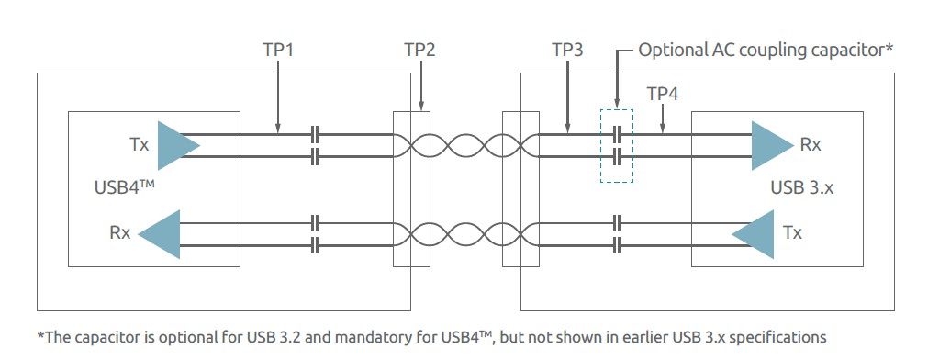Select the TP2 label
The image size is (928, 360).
419,50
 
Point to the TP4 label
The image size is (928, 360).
663,94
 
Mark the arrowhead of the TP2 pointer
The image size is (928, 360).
420,107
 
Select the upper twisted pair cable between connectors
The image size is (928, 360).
465,145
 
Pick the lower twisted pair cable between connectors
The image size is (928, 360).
465,233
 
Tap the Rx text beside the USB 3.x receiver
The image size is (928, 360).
811,145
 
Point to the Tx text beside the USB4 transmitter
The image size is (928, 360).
139,145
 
